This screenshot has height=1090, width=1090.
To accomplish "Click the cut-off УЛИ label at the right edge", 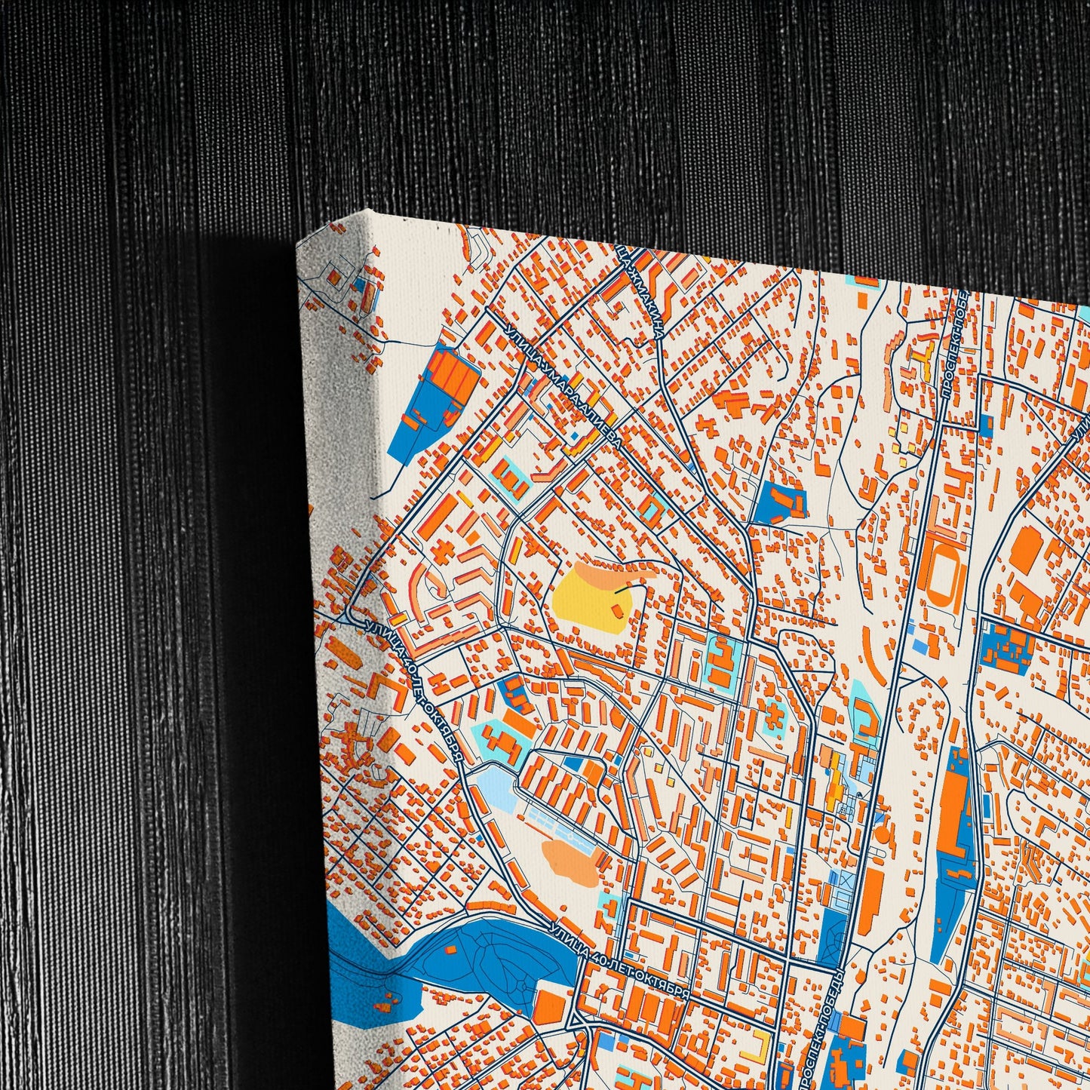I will pos(1080,433).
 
